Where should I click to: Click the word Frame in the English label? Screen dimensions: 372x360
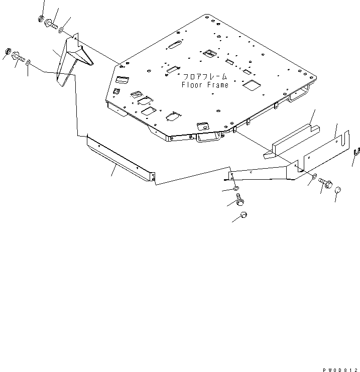click(217, 85)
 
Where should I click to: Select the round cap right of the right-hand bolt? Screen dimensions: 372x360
click(338, 190)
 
